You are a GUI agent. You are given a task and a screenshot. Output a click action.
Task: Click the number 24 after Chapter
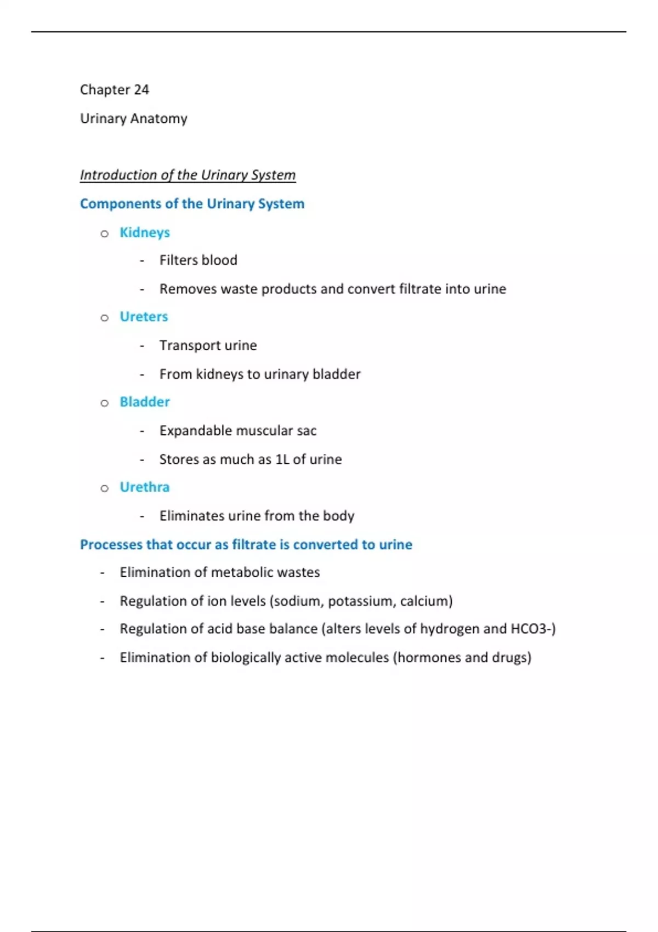(141, 90)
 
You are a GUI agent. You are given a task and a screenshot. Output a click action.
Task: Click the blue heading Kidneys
(145, 232)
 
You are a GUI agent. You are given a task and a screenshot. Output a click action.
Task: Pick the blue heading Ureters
(144, 317)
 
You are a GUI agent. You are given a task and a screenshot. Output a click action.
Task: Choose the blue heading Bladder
(145, 402)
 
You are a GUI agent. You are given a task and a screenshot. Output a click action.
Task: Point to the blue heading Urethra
(145, 487)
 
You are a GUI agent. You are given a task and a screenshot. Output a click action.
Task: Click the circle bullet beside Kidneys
(105, 234)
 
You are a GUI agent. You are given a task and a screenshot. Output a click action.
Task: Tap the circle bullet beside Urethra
(105, 488)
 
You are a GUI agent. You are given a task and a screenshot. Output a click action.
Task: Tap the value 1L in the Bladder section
(282, 459)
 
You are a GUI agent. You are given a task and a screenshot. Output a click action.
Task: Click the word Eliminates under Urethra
(191, 516)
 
